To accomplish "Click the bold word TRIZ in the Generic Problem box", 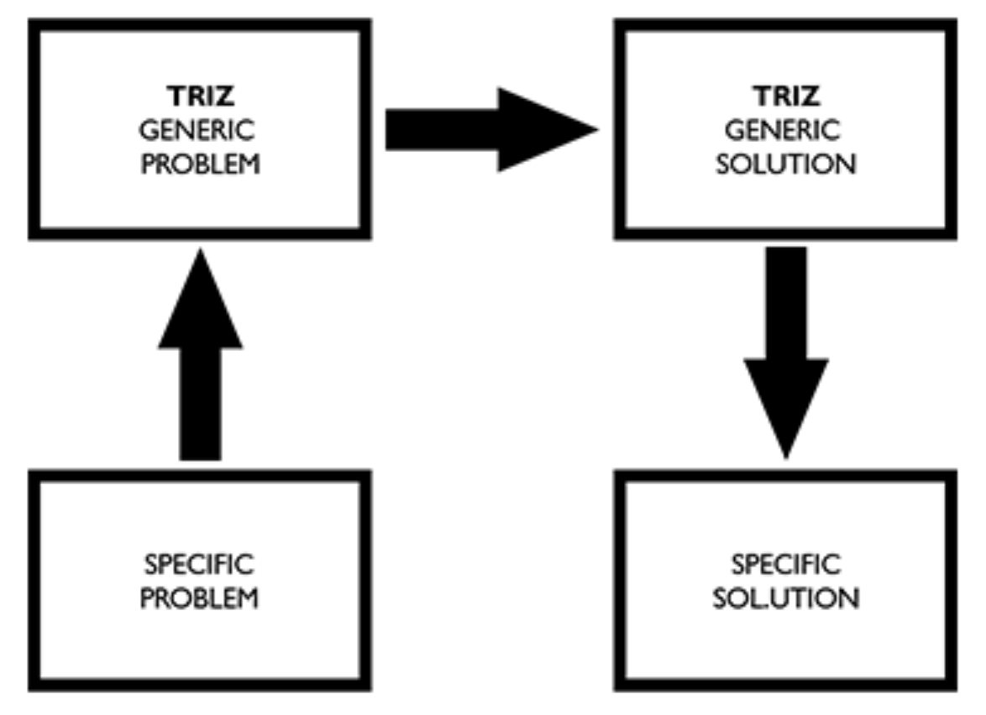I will point(200,96).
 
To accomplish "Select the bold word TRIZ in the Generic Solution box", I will point(786,96).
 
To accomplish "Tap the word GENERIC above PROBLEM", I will point(200,130).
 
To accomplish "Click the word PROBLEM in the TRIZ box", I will point(200,164).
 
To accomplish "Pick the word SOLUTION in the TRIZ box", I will point(786,164).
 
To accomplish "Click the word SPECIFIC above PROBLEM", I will point(200,564).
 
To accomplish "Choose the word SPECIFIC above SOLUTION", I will point(786,564).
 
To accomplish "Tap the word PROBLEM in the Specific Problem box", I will point(200,598).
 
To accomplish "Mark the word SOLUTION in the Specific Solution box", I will point(786,598).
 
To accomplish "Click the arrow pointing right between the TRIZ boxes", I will point(487,130).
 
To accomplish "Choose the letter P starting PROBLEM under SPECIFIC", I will point(147,598).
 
